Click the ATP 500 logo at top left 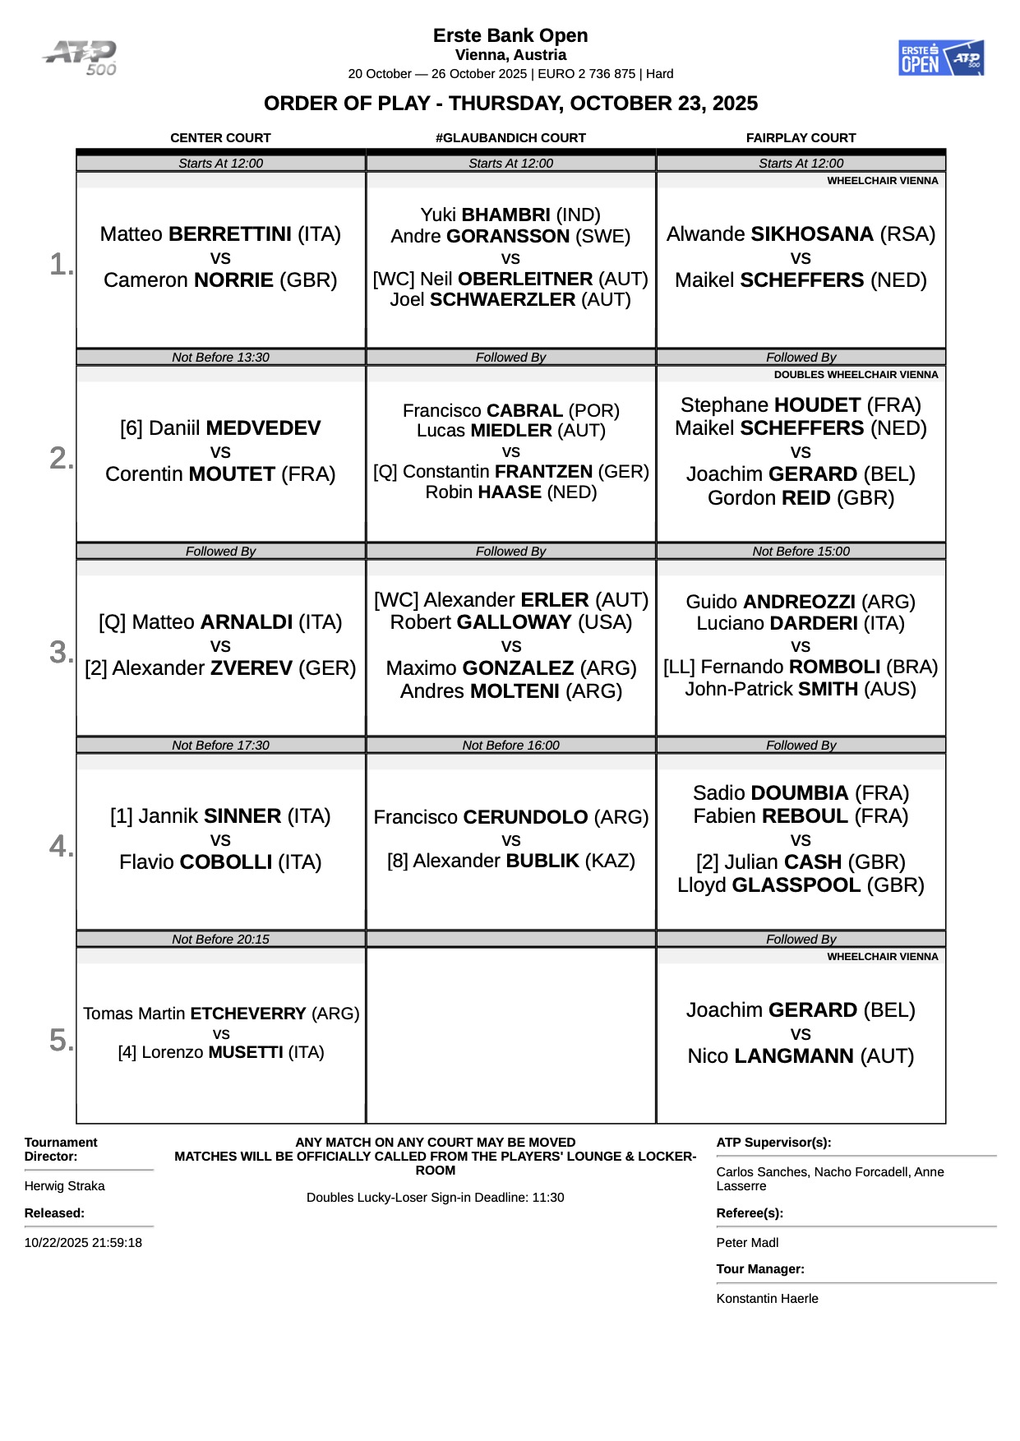(x=81, y=58)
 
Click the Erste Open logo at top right (x=940, y=58)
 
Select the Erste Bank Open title (x=510, y=35)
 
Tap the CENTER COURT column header (x=220, y=138)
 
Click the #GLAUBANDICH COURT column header (x=510, y=138)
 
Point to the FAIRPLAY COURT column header (x=801, y=138)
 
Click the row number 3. (x=61, y=652)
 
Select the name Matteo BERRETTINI (x=220, y=234)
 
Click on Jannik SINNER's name (x=220, y=816)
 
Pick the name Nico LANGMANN (x=801, y=1056)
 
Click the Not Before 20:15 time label (x=220, y=940)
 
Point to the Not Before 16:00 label (x=510, y=746)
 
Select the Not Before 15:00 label (x=801, y=552)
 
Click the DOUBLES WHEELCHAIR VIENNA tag (x=856, y=375)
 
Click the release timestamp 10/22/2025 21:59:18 (x=83, y=1243)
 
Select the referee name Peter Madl (x=747, y=1243)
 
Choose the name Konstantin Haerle (x=767, y=1299)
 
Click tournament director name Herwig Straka (x=64, y=1186)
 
